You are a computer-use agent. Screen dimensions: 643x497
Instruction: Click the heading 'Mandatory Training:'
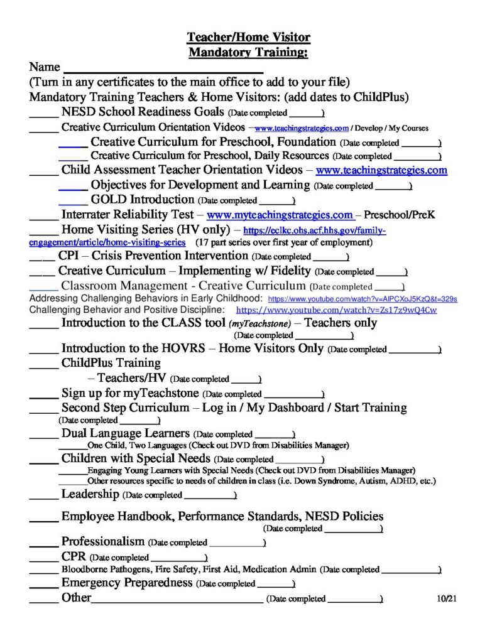pyautogui.click(x=248, y=52)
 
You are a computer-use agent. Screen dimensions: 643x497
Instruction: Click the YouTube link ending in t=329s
pyautogui.click(x=363, y=299)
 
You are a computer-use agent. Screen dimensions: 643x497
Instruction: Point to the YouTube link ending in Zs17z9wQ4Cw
pyautogui.click(x=336, y=310)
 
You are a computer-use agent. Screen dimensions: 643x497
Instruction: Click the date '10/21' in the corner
pyautogui.click(x=446, y=598)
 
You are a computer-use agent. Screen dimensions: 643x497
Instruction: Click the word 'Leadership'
pyautogui.click(x=90, y=494)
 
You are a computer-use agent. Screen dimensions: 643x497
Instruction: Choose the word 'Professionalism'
pyautogui.click(x=103, y=541)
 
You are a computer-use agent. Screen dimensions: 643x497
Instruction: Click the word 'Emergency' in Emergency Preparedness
pyautogui.click(x=93, y=583)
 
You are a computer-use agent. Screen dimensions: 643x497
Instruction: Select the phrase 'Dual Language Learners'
pyautogui.click(x=125, y=433)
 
